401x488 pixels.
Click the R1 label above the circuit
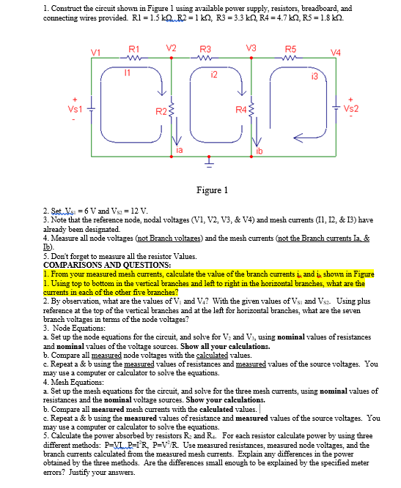[134, 48]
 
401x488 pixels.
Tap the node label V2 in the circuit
[172, 48]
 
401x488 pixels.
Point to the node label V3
[251, 48]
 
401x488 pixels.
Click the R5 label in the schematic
[291, 48]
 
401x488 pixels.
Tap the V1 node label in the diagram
[95, 51]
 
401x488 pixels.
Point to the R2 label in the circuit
[161, 112]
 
